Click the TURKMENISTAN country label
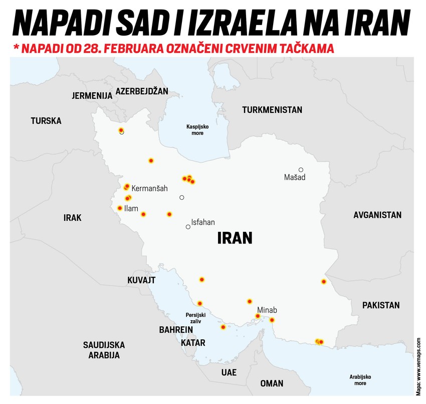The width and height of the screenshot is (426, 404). [272, 109]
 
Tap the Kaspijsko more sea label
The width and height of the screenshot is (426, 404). [197, 129]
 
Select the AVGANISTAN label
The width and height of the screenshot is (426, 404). [377, 215]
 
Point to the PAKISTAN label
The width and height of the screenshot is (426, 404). [381, 305]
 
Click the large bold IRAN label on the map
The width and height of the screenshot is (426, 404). [234, 237]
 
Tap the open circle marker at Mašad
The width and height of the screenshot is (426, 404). [301, 170]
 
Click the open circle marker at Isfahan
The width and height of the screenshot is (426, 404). [188, 227]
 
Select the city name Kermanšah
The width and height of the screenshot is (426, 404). [149, 188]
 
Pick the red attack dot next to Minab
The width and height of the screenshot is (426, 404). [258, 316]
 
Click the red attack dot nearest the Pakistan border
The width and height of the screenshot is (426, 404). [324, 282]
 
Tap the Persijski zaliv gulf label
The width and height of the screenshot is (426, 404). [195, 318]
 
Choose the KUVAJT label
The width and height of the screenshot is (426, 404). [141, 280]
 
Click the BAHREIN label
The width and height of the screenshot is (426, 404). [176, 330]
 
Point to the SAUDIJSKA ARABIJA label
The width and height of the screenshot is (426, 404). [104, 350]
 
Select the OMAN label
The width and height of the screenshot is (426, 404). [272, 383]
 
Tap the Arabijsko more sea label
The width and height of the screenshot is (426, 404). [360, 379]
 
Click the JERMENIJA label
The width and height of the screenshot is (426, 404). [92, 95]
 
